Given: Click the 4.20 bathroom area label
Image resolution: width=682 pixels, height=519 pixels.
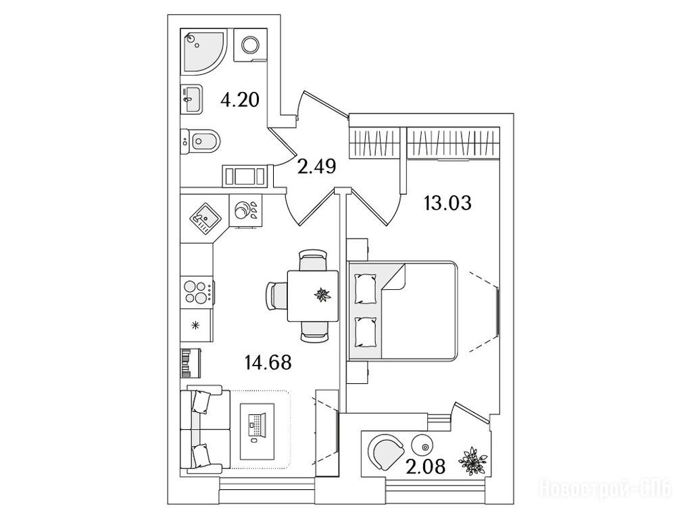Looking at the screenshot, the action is click(x=240, y=99).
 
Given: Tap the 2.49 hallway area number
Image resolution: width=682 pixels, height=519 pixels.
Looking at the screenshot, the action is click(x=316, y=166).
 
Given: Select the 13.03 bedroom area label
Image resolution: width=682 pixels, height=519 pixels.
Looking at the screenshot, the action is click(x=447, y=203).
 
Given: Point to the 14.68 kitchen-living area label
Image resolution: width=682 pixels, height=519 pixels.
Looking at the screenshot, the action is click(x=268, y=362).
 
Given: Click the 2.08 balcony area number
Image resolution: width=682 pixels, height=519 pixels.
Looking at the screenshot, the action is click(x=425, y=467).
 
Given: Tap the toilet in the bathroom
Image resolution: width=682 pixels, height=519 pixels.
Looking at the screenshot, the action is click(x=201, y=141).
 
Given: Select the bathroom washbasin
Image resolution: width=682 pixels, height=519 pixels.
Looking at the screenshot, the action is click(x=191, y=99).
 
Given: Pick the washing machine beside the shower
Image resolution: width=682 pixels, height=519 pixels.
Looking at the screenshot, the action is click(x=250, y=45).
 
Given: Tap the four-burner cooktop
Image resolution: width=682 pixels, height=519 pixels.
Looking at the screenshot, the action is click(x=197, y=291).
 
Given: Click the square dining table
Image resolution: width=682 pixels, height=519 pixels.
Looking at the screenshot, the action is click(x=313, y=295).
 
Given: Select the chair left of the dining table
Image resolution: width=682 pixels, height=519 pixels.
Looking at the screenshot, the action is click(x=276, y=295).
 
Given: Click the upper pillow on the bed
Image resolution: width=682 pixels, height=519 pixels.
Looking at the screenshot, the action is click(x=366, y=289).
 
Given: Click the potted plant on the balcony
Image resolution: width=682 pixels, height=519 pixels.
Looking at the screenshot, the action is click(x=474, y=460).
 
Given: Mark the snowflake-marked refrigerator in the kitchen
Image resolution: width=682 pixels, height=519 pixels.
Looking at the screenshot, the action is click(x=197, y=325).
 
